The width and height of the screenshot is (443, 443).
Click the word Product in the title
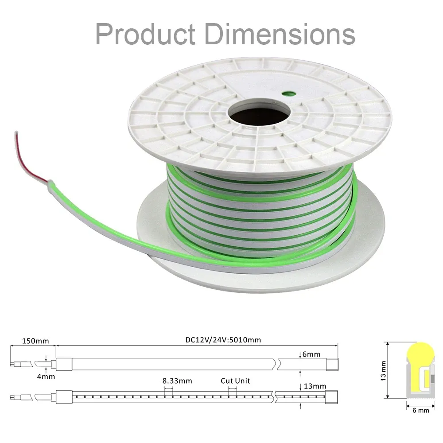[145, 34]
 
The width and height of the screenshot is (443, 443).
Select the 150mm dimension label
[35, 341]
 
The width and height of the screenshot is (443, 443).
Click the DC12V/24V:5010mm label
[223, 340]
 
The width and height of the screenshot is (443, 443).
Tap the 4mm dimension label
[46, 377]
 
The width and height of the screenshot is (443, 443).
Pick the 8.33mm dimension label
[177, 381]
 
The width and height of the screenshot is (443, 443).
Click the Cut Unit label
[235, 381]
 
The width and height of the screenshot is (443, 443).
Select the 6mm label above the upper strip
[311, 354]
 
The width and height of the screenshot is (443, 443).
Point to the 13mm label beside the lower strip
[315, 386]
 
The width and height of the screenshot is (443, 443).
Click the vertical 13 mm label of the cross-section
[383, 371]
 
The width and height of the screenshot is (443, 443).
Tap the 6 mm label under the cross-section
[421, 410]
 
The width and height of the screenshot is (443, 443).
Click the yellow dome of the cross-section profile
[420, 354]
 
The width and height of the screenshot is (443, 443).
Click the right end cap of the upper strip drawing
[332, 364]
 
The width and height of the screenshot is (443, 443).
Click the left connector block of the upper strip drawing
[64, 364]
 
